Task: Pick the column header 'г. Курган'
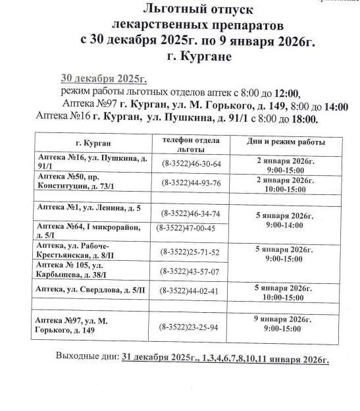[x=93, y=143]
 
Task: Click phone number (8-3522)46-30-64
[x=191, y=164]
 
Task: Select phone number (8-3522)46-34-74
[x=191, y=213]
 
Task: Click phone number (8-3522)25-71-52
[x=190, y=252]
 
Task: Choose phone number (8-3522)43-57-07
[x=190, y=271]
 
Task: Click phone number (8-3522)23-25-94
[x=190, y=327]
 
